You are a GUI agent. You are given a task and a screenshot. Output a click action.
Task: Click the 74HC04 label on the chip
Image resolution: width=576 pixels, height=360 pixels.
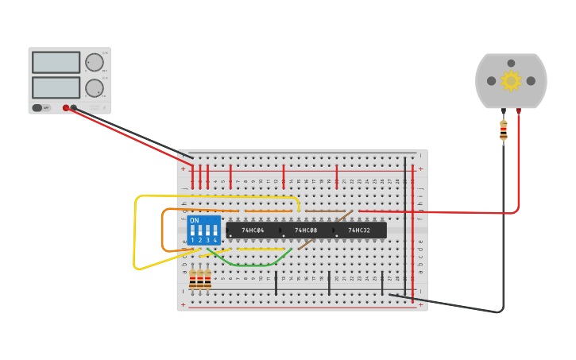(253, 230)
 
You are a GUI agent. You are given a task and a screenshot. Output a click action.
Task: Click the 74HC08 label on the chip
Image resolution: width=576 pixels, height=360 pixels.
(306, 230)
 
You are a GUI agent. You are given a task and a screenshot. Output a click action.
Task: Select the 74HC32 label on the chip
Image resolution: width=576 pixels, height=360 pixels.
(359, 230)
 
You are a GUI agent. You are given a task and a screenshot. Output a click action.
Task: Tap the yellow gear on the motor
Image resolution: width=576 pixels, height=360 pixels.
(511, 80)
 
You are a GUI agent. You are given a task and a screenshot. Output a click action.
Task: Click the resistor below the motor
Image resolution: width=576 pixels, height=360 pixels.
(504, 130)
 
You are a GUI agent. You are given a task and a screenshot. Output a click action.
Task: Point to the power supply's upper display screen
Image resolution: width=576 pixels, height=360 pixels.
(56, 62)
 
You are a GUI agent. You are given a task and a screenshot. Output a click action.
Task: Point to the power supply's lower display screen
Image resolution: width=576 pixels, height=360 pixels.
(56, 87)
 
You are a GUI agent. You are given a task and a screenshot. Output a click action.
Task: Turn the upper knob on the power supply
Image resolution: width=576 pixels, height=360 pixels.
(95, 62)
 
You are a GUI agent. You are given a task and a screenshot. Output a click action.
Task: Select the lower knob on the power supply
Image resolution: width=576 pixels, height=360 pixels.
(95, 87)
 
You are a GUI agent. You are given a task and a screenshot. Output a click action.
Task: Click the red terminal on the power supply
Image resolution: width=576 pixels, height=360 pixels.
(66, 107)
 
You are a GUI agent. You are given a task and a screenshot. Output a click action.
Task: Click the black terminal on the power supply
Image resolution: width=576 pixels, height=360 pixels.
(74, 107)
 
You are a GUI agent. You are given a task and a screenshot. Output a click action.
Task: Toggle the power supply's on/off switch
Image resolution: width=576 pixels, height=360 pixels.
(38, 107)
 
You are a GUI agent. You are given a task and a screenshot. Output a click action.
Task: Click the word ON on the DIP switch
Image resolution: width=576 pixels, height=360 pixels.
(195, 220)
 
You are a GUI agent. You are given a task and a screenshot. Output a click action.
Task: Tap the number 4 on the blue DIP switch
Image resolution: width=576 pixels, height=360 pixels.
(215, 240)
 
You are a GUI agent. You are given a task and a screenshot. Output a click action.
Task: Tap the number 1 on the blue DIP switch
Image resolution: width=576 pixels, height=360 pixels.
(192, 240)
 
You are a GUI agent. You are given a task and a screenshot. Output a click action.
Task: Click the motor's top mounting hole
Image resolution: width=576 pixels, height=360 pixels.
(511, 63)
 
